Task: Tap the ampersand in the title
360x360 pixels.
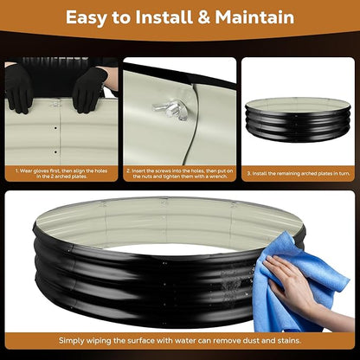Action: coord(203,17)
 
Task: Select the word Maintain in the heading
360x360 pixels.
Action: coord(254,17)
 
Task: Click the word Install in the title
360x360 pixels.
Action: coord(164,17)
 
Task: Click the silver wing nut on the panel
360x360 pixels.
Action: coord(170,109)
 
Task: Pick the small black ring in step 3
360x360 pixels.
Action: coord(298,119)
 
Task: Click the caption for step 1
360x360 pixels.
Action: coord(61,173)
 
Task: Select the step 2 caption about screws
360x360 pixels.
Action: coord(179,173)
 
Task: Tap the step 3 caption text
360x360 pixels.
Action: coord(299,174)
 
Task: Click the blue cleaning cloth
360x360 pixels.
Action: coord(297,283)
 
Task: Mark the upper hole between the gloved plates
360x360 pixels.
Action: coord(55,128)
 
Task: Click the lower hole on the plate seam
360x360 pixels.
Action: coord(55,151)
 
